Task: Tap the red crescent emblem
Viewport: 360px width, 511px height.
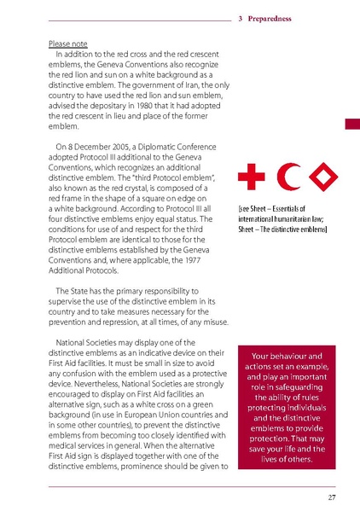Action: click(x=286, y=179)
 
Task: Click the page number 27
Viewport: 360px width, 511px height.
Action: click(x=331, y=496)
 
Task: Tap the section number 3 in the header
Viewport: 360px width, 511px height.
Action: click(x=241, y=17)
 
